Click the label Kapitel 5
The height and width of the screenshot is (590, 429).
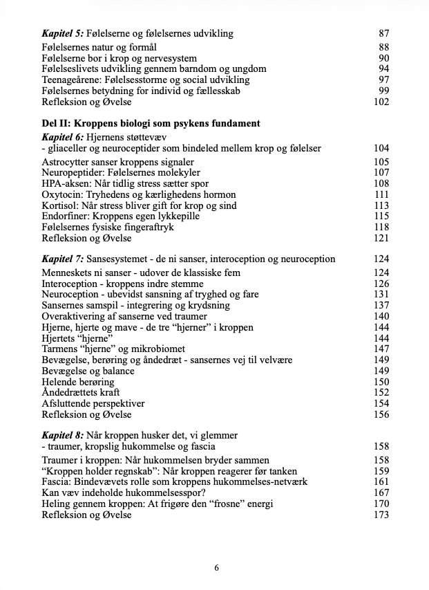63,33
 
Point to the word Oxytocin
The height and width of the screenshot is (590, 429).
63,194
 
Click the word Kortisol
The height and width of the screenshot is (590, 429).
61,205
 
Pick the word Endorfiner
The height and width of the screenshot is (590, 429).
64,216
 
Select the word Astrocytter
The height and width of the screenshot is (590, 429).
68,162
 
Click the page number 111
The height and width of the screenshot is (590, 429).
381,194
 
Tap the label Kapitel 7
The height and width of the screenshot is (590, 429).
63,259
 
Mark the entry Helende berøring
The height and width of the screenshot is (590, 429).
77,382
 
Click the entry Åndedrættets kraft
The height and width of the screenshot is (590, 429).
82,392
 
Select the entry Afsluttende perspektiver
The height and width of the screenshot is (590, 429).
93,403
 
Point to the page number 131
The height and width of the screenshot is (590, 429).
381,294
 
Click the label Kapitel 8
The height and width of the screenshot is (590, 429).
63,435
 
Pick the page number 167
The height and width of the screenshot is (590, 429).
381,492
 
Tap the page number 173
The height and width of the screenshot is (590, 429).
381,515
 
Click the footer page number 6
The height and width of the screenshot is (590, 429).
217,568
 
